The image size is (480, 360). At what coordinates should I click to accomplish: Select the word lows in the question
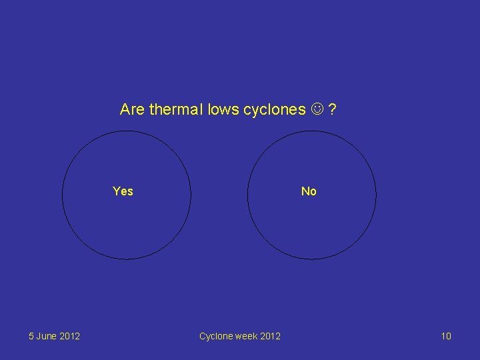pos(223,109)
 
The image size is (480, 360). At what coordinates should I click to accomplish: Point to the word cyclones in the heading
pos(273,109)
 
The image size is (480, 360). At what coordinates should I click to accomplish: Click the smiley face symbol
pos(317,109)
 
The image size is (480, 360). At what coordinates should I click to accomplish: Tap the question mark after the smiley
pos(331,109)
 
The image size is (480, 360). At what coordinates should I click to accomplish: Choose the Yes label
pos(123,191)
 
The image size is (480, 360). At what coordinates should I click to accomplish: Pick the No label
pos(309,191)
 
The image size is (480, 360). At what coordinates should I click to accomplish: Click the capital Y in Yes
pos(117,191)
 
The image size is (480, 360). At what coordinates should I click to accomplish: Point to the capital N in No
pos(305,191)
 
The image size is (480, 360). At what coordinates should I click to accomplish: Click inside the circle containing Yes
pos(127,220)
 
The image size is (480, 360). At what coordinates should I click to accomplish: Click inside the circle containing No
pos(311,220)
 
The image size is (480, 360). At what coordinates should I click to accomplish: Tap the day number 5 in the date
pos(31,336)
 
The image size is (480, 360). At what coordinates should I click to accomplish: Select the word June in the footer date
pos(47,336)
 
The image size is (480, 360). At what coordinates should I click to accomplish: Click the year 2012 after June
pos(69,336)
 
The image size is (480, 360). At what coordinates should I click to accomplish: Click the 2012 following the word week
pos(270,336)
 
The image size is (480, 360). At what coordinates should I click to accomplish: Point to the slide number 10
pos(446,336)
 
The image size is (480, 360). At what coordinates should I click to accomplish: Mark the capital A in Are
pos(125,109)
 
